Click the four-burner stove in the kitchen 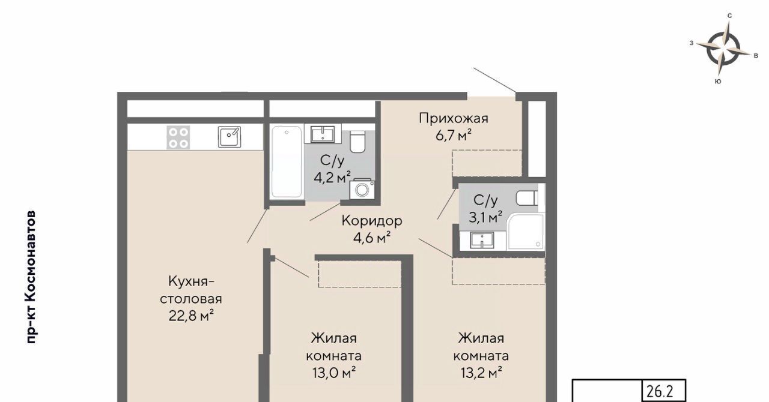[178, 137]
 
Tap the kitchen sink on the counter [229, 137]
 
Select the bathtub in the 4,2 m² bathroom [287, 161]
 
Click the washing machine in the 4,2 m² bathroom [362, 188]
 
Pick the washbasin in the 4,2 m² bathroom [323, 134]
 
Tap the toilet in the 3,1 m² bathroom [527, 198]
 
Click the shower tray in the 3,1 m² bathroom [526, 232]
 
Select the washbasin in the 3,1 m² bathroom [482, 240]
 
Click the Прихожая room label [454, 119]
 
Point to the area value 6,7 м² [454, 135]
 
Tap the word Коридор [372, 221]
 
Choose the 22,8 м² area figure [191, 315]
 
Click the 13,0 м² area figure [333, 373]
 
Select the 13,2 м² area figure [481, 373]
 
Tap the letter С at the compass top [730, 16]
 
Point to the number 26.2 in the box [660, 391]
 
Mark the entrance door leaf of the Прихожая [494, 80]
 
